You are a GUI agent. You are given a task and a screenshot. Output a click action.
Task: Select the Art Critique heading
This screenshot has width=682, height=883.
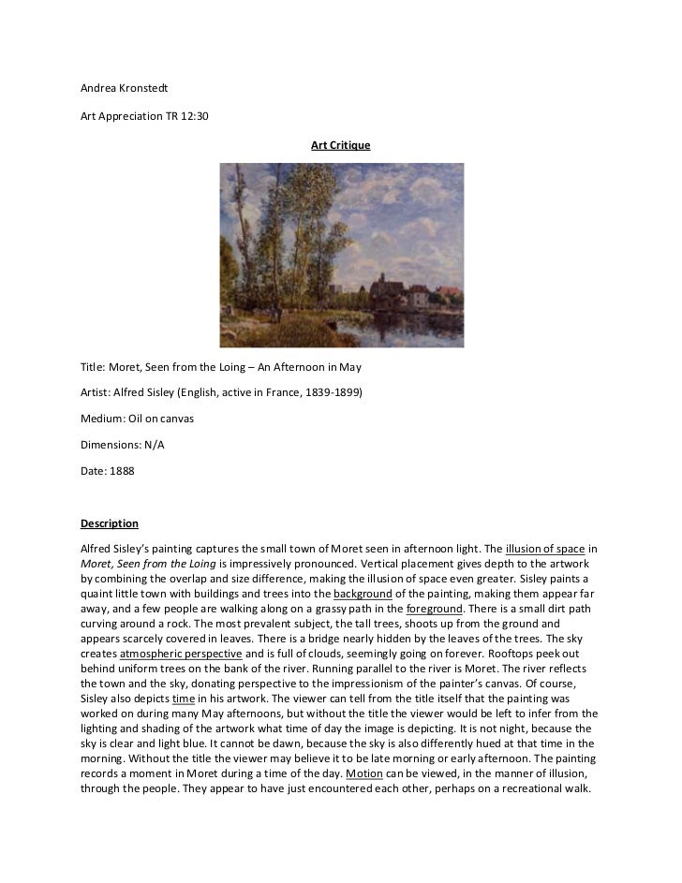tap(341, 146)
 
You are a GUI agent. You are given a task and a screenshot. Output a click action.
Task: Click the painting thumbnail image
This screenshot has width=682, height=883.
tap(341, 256)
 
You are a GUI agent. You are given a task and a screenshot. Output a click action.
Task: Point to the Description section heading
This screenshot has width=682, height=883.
tap(110, 522)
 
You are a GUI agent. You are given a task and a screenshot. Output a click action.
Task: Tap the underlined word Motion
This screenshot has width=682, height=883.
tap(362, 773)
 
